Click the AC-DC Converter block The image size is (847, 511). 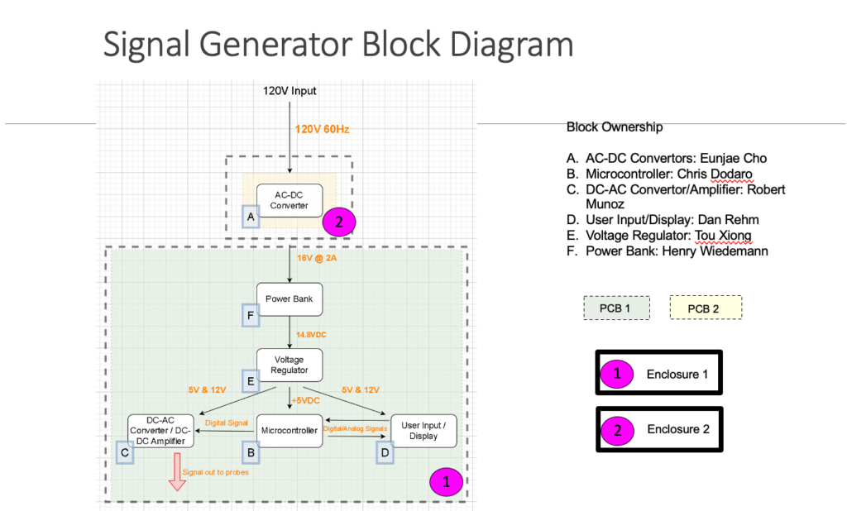point(290,200)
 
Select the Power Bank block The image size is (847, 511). point(290,299)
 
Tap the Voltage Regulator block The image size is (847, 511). point(290,365)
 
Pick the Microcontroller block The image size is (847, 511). point(290,431)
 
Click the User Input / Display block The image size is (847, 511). point(423,431)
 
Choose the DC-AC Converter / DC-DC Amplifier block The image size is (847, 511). point(160,431)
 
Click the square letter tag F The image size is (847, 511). point(251,316)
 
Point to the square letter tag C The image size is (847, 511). point(125,452)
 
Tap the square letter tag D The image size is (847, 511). point(385,452)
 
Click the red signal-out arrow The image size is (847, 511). point(177,472)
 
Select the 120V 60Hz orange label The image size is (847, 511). point(322,129)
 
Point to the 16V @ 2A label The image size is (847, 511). point(317,258)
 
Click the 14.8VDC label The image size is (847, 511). point(311,335)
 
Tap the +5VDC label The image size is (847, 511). point(306,401)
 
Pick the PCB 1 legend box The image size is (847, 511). point(616,308)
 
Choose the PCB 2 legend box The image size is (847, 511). point(706,308)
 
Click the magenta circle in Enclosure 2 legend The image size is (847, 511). point(617,430)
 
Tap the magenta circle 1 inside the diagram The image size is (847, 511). point(446,482)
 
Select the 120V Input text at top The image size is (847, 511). point(290,91)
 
